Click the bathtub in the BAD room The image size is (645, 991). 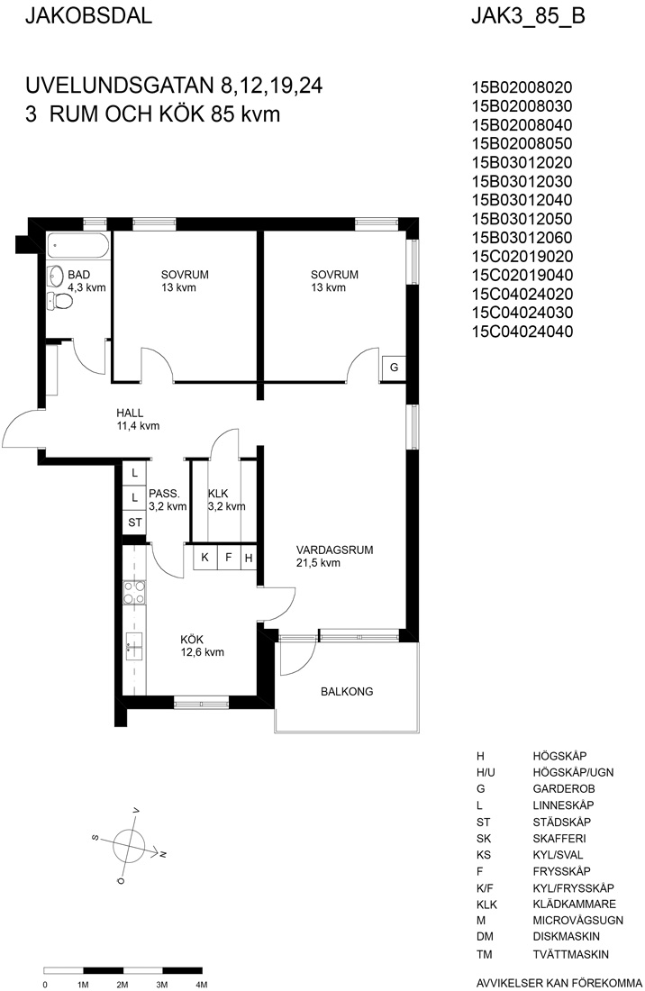[78, 245]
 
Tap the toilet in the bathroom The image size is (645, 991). [60, 302]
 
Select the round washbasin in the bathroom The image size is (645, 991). [55, 276]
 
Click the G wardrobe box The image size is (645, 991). [393, 368]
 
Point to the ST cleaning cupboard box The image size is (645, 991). [134, 523]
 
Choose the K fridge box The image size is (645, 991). [204, 558]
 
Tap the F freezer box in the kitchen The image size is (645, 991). [229, 558]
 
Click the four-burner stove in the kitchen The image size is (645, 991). [134, 593]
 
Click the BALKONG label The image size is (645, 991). [347, 691]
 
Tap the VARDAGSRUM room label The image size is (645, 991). [335, 550]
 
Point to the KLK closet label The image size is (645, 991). [218, 494]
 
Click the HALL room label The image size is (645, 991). [130, 413]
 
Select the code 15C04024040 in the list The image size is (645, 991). [522, 332]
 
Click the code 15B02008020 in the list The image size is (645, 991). [522, 87]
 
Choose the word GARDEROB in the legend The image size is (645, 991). [564, 789]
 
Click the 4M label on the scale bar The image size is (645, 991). [202, 984]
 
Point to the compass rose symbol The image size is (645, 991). [130, 844]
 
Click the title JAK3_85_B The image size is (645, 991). [528, 16]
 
